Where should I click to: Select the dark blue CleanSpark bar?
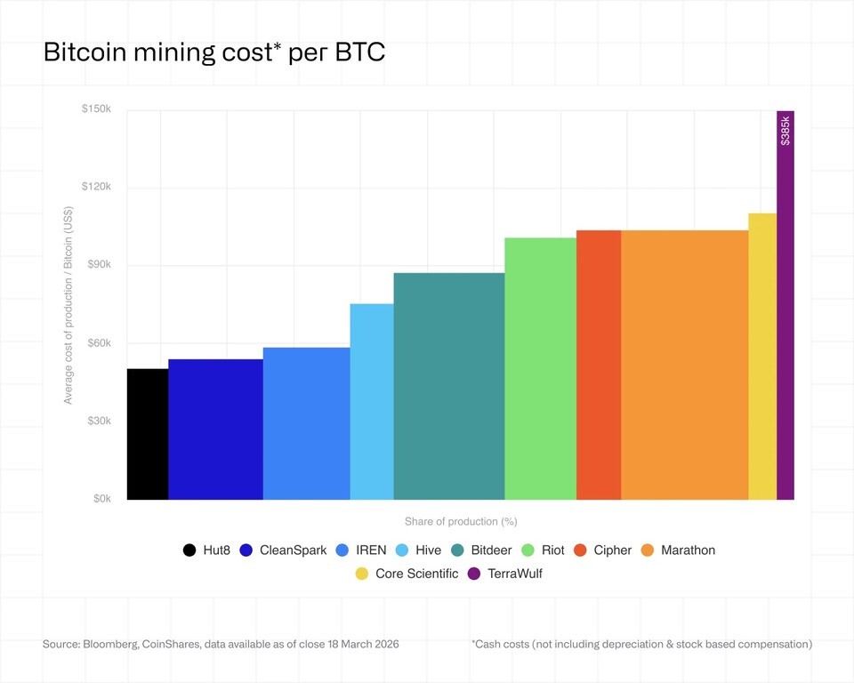point(215,429)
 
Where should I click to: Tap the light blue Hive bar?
point(372,401)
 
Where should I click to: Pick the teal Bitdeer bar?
point(449,386)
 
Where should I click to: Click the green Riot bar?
point(540,368)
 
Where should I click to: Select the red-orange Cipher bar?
point(599,365)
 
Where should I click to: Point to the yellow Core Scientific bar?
point(762,356)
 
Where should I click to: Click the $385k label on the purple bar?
point(785,131)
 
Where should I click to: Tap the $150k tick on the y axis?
point(96,108)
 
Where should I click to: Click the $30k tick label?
point(98,421)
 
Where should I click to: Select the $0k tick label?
point(101,499)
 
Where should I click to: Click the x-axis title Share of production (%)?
point(460,521)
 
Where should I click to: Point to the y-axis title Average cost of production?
point(68,305)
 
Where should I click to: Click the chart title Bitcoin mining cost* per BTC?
point(213,52)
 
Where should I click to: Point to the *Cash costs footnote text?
point(641,643)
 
